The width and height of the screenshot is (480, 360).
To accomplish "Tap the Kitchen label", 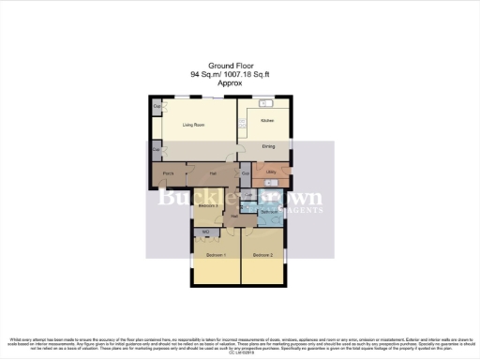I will [266, 121].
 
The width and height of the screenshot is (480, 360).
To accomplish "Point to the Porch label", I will [169, 174].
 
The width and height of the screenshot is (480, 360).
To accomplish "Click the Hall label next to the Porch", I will [213, 174].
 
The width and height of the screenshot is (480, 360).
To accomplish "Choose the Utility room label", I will [270, 173].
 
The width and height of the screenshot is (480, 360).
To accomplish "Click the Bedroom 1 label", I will [217, 255].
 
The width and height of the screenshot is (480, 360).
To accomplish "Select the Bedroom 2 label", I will [262, 255].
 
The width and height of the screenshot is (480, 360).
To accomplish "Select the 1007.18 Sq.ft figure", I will [256, 74].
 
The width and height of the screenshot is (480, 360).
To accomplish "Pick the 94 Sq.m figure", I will [205, 74].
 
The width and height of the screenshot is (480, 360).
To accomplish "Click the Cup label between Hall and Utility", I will [245, 174].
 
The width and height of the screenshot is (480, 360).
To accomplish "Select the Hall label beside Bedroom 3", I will [233, 216].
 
